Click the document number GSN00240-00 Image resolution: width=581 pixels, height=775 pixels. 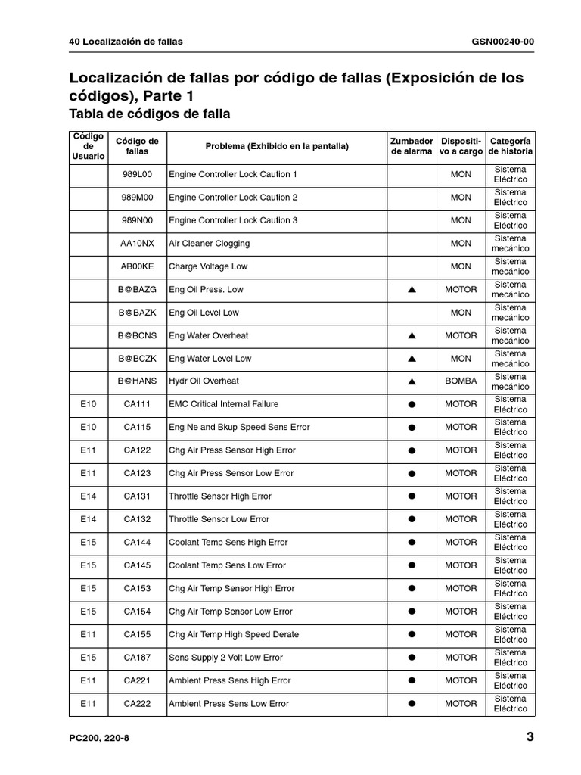tap(502, 41)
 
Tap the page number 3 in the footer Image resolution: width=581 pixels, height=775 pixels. tap(530, 737)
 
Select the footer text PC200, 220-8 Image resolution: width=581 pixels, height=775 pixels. tap(99, 738)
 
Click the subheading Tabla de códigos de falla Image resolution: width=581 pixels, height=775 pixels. tap(149, 114)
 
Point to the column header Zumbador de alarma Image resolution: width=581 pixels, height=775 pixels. tap(412, 146)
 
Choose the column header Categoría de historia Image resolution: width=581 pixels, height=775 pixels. tap(511, 146)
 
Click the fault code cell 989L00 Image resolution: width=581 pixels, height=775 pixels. tap(137, 174)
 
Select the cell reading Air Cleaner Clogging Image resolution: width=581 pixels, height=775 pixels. tap(209, 244)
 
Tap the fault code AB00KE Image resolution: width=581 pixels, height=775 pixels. tap(137, 266)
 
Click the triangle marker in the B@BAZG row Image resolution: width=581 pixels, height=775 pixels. tap(412, 290)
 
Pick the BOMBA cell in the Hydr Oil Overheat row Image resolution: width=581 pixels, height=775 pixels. tap(461, 381)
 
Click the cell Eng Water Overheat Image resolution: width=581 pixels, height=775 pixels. tap(208, 335)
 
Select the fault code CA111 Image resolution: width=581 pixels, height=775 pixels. tap(137, 404)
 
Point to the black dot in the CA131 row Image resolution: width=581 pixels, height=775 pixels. tap(412, 496)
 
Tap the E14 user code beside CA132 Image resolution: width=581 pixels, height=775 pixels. tap(89, 519)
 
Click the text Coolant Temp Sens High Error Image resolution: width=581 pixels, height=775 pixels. tap(228, 543)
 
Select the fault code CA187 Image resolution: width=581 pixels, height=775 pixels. tap(137, 658)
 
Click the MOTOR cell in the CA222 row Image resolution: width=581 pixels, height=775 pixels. tap(461, 703)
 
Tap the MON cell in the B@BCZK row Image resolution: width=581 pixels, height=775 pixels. tap(461, 359)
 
